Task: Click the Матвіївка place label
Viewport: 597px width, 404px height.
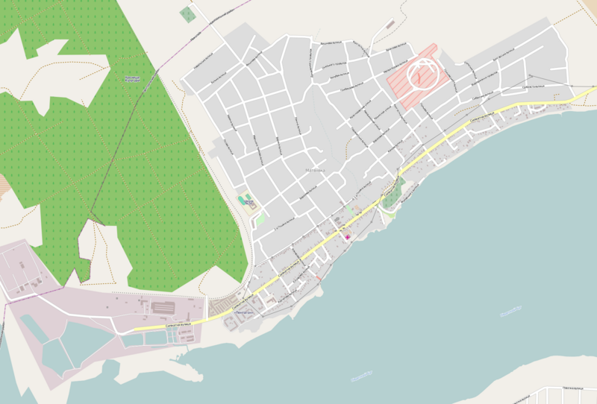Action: (x=316, y=170)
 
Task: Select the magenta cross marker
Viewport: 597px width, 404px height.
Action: (x=347, y=236)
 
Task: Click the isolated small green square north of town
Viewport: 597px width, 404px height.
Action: (x=187, y=13)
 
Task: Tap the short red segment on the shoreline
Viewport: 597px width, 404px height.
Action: (x=319, y=280)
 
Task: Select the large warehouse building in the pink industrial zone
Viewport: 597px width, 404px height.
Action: (x=163, y=307)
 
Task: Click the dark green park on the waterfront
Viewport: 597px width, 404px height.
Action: (x=393, y=192)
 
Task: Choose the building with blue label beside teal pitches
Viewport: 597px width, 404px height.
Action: (x=250, y=203)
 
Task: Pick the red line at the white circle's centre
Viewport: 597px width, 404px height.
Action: (x=420, y=75)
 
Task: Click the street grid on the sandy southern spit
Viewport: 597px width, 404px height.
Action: (x=567, y=394)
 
